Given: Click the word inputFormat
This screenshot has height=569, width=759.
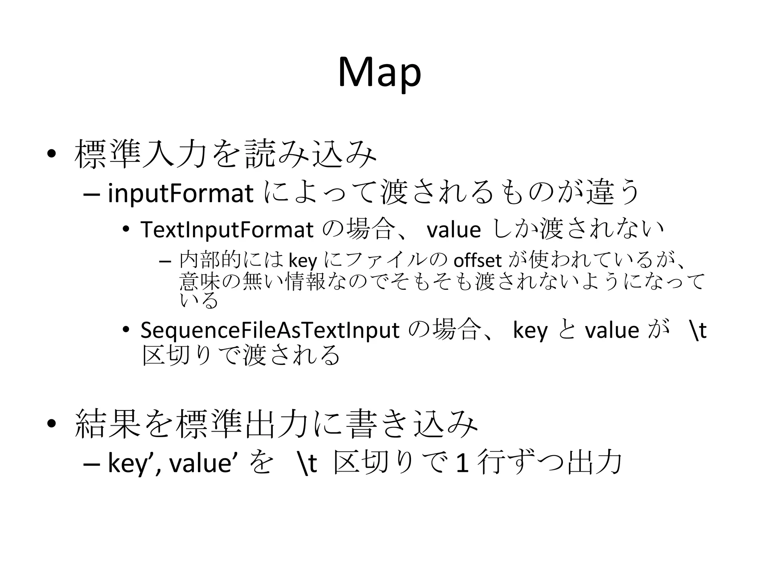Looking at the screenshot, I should pos(180,194).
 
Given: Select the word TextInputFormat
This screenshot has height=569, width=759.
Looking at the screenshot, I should pos(227,230).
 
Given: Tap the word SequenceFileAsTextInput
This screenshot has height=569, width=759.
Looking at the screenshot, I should pos(270,330).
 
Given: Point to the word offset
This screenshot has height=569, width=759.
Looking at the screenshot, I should pos(477,261).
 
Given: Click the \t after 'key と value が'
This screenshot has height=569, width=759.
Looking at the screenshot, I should pos(697,330).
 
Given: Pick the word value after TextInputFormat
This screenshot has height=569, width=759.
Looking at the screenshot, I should pos(454,230).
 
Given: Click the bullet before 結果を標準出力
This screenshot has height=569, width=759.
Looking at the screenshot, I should pos(52,424).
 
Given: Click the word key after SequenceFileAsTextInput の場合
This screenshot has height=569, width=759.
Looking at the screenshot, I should pos(530,331).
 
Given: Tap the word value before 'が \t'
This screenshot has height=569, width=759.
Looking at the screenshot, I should pos(612,330).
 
